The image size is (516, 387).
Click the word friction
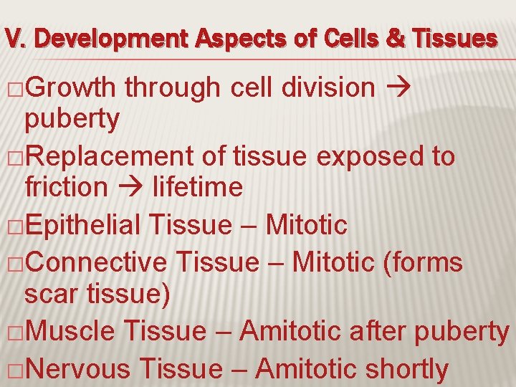point(65,187)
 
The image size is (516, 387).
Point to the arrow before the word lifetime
point(124,188)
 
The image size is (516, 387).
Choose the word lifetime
point(191,187)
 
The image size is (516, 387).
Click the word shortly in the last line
point(407,369)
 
